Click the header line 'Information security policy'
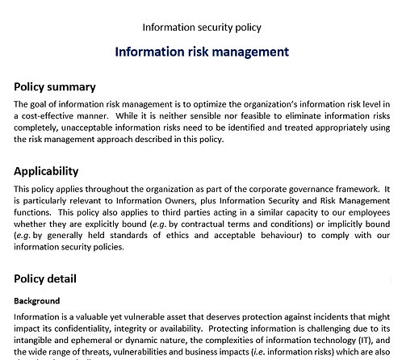(202, 27)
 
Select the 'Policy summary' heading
(55, 87)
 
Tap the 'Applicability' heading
(47, 171)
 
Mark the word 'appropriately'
(338, 127)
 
